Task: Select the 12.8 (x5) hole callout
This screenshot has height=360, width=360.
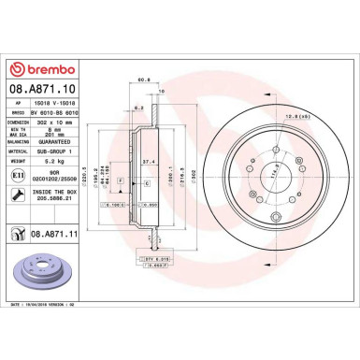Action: tap(272, 116)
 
